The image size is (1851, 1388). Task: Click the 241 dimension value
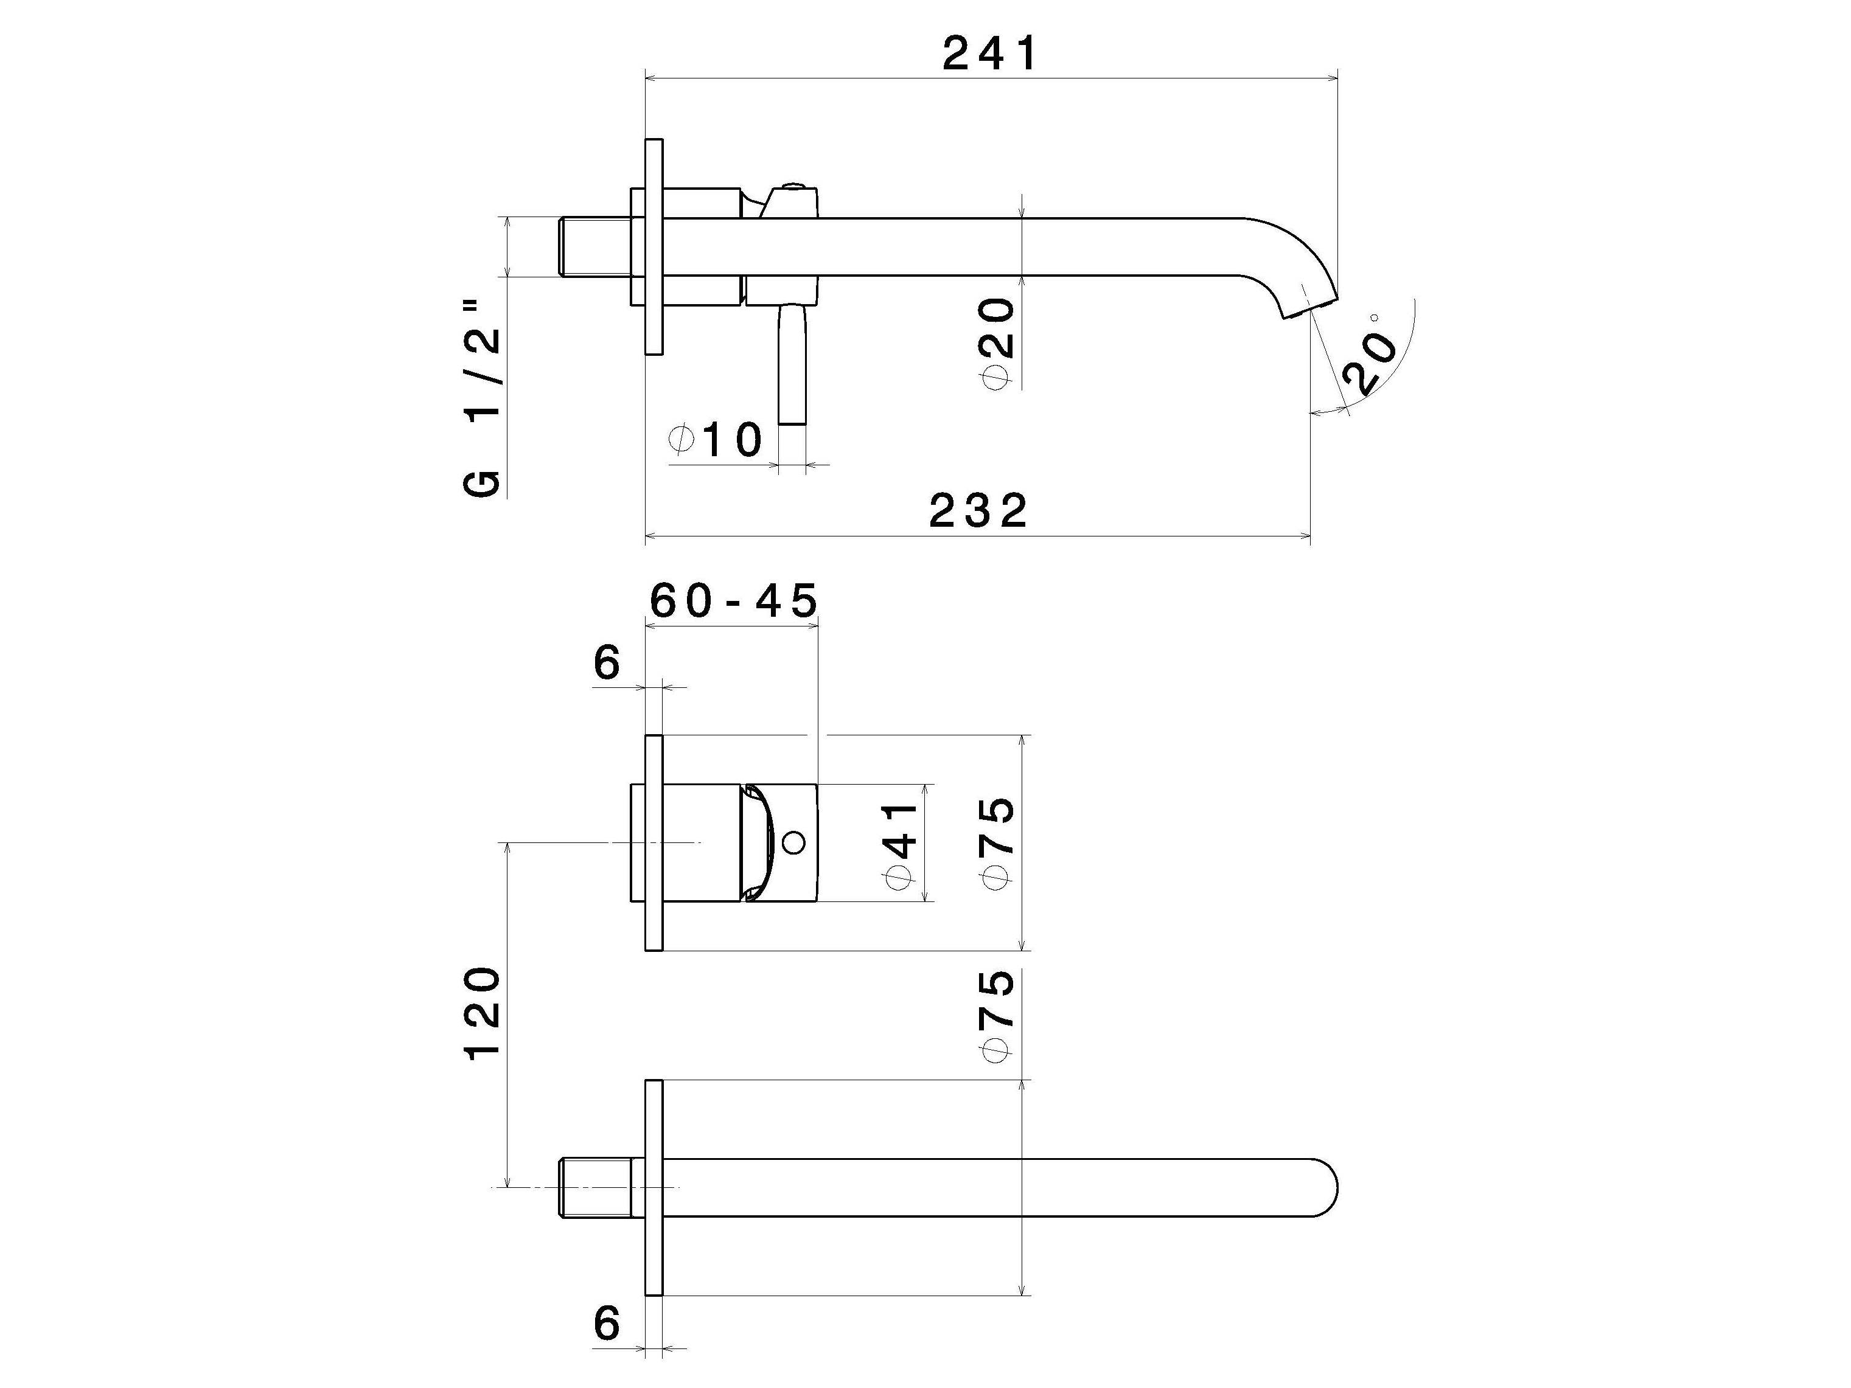click(x=989, y=55)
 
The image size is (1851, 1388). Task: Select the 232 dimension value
click(x=977, y=511)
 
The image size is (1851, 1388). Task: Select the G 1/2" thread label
click(x=483, y=410)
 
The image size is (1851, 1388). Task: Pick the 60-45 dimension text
click(x=733, y=601)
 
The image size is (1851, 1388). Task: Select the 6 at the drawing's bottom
click(x=607, y=1324)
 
